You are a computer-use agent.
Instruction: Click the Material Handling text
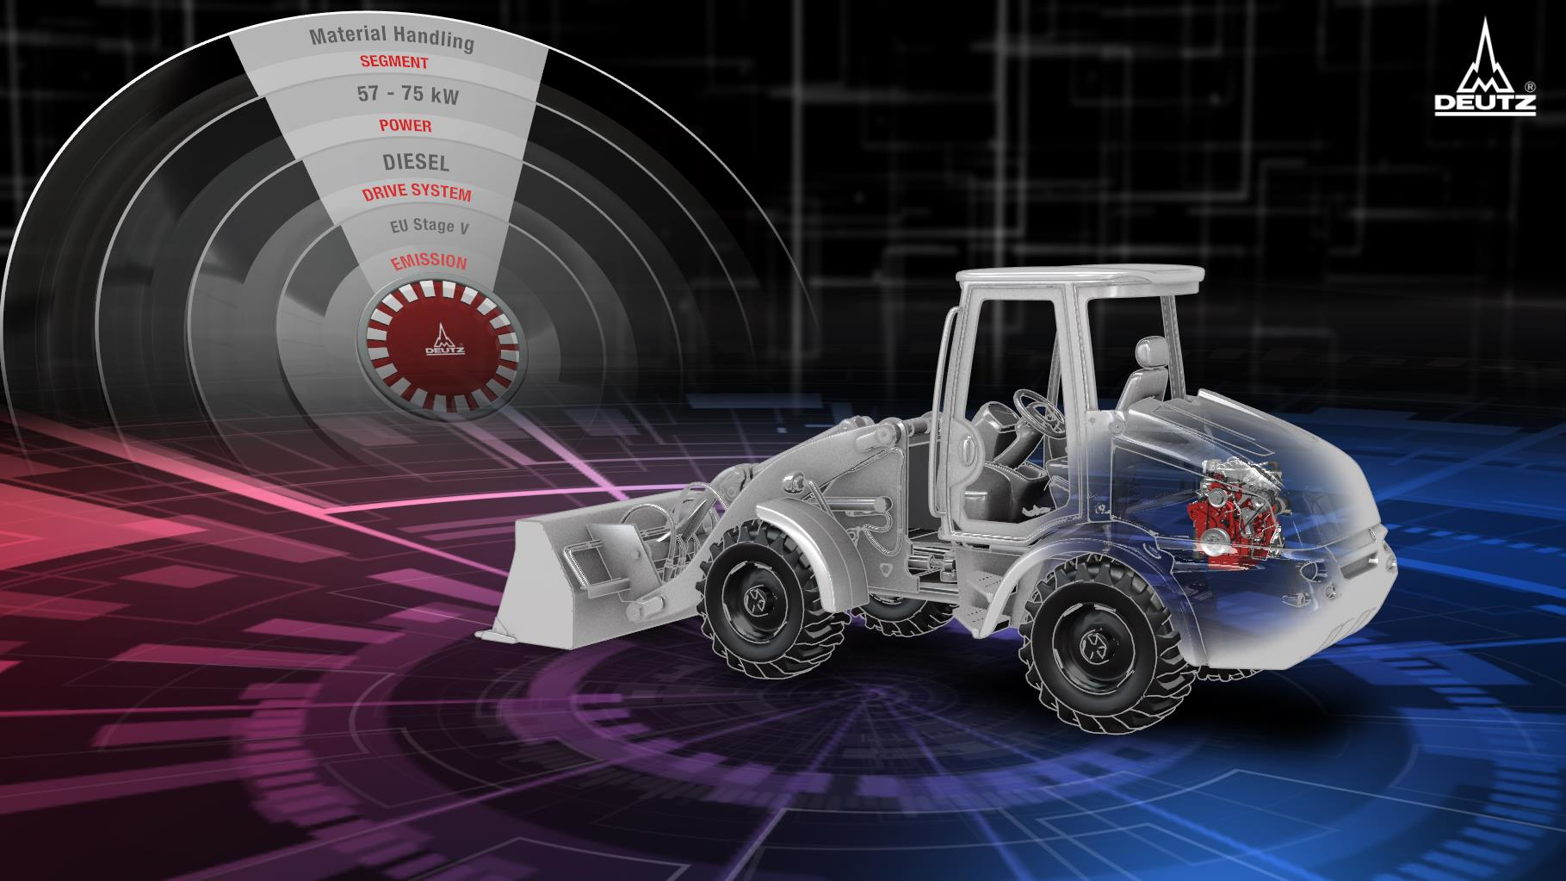click(392, 38)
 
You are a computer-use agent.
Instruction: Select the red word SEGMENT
click(394, 63)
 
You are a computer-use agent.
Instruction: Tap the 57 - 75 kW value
click(408, 96)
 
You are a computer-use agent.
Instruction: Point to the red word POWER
click(405, 126)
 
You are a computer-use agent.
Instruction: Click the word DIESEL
click(416, 162)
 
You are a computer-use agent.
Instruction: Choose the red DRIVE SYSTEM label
click(417, 193)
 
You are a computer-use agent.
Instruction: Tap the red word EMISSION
click(429, 262)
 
